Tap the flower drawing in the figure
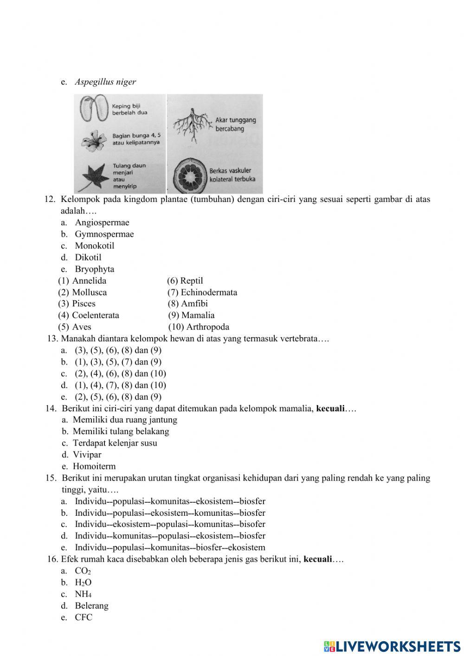point(94,141)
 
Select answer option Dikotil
point(88,257)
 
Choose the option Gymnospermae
point(104,234)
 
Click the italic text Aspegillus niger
point(105,82)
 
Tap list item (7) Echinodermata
point(202,292)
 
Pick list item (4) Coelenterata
point(89,315)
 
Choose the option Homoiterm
point(94,466)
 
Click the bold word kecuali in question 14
point(330,409)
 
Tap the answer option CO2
point(83,571)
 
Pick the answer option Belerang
point(91,606)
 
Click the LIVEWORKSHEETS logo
point(392,646)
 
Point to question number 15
point(51,478)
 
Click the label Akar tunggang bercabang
point(235,124)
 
